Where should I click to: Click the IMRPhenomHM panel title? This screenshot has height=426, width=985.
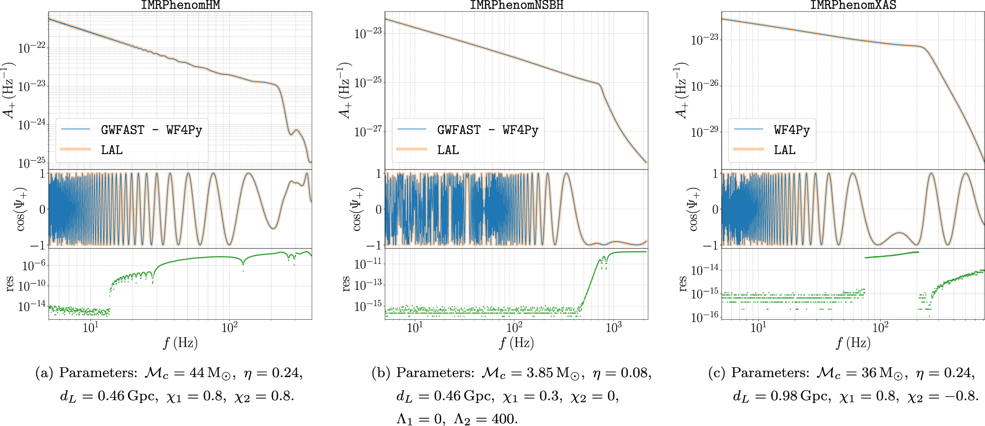coord(180,5)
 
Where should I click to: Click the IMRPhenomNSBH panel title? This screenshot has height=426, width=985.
coord(517,5)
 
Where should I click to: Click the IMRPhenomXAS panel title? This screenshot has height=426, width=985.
coord(853,5)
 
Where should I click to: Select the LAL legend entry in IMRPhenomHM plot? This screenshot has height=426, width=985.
coord(112,150)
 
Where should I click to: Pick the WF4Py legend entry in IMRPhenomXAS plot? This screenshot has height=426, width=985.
coord(792,130)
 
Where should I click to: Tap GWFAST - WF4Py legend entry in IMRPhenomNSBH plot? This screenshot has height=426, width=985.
coord(488,130)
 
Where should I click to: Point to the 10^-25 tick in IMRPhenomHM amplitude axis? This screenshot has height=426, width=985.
coord(32,162)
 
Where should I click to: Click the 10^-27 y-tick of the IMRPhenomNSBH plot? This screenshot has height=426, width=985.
coord(368,131)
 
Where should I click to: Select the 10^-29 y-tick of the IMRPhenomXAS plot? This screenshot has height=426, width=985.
coord(705,132)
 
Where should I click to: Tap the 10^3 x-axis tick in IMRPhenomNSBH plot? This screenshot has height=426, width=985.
coord(614,327)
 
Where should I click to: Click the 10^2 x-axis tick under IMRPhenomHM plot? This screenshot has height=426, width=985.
coord(229,327)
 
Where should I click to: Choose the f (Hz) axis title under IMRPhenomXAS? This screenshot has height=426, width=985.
coord(853,343)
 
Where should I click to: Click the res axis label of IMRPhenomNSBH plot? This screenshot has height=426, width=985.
coord(346,284)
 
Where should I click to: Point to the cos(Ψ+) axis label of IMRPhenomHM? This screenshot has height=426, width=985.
coord(21,209)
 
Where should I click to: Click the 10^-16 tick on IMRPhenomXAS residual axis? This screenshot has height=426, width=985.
coord(705,317)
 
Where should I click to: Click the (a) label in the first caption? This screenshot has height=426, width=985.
coord(44,373)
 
